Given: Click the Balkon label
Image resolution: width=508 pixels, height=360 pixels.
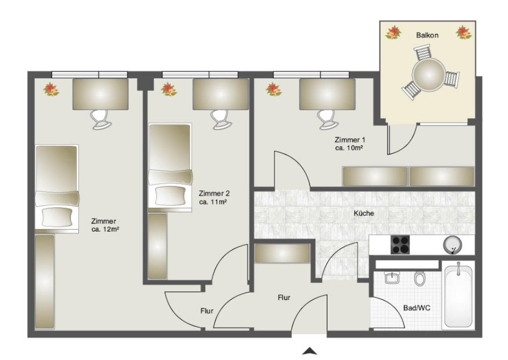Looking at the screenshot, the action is pos(427,35).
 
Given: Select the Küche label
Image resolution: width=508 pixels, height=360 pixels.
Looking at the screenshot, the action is pos(364,213).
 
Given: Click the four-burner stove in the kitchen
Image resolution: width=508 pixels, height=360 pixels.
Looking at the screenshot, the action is pos(400,245).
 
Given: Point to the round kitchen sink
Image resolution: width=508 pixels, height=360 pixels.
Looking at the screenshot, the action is pos(452,245).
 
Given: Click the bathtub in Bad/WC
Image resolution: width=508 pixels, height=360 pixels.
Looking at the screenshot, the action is pos(458,295).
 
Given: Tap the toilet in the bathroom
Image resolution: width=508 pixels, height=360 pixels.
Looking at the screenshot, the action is pos(419,278).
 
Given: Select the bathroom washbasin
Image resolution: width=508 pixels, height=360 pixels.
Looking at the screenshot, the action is pos(392,277).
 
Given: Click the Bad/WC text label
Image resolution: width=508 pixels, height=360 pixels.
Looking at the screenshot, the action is pos(417,308).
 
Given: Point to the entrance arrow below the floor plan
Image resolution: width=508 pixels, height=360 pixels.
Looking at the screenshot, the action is pos(310,351).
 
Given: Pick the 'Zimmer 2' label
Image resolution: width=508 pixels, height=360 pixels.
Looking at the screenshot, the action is pos(214,194).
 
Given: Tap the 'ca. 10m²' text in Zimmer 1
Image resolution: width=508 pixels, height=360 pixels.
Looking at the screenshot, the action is pos(349,148).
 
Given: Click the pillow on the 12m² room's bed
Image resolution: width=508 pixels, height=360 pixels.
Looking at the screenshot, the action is pos(57,217).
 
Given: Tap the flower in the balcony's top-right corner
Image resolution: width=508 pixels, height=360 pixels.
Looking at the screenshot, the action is pos(464,33).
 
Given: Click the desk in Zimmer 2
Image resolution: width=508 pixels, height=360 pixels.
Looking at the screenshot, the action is pos(220,94).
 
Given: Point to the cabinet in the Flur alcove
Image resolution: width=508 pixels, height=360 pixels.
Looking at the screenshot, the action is pos(282,253).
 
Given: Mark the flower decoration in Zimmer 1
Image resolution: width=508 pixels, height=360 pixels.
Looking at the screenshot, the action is pos(274,90).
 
